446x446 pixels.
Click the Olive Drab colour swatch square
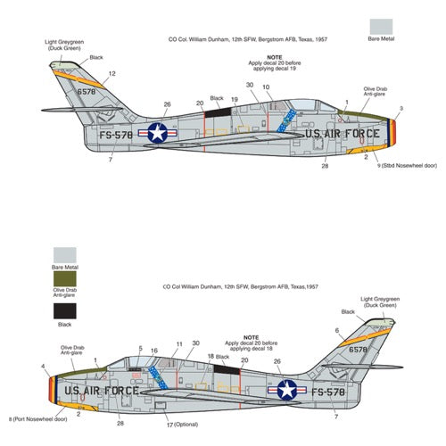coord(65,278)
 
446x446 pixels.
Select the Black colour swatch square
coord(65,311)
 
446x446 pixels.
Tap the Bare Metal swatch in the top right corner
coord(381,27)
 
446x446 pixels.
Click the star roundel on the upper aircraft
coord(158,133)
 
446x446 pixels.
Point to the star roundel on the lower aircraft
coord(287,390)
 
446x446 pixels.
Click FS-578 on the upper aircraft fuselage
coord(116,136)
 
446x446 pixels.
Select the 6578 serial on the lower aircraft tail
coord(358,350)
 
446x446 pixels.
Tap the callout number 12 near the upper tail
coord(112,74)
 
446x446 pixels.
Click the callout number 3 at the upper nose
coord(401,109)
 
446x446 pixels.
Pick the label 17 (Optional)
coord(182,425)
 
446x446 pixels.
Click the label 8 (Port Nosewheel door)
coord(38,419)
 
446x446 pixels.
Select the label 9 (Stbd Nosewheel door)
coord(407,166)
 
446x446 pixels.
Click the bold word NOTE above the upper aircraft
coord(275,57)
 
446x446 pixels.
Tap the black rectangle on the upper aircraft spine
coord(218,113)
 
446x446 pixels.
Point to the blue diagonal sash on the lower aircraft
coord(158,377)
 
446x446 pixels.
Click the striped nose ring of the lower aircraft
coord(54,390)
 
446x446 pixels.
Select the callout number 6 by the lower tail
coord(337,331)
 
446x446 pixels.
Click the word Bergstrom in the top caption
coord(269,39)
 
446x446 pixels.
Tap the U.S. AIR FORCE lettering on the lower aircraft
coord(102,391)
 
